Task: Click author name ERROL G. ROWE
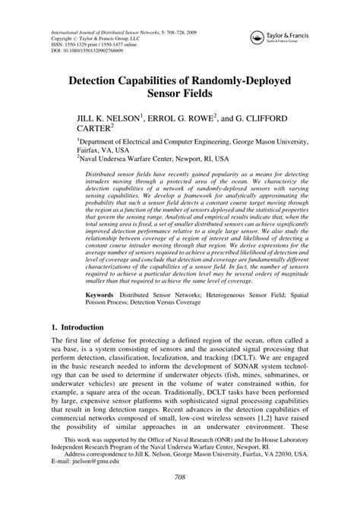(x=185, y=120)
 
